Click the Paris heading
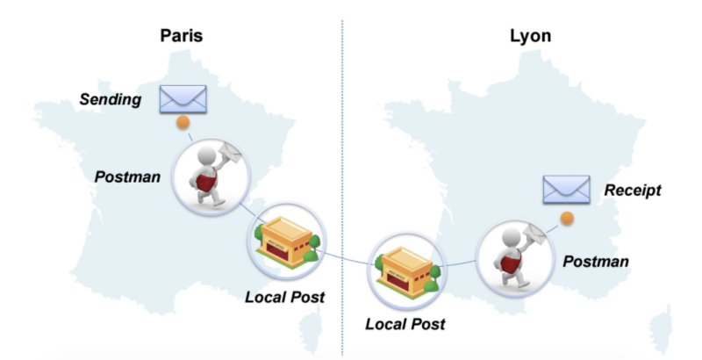click(183, 36)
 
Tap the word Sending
click(111, 99)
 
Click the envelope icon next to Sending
click(182, 99)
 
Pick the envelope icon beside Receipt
click(565, 189)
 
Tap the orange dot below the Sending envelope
click(183, 123)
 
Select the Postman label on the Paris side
click(128, 176)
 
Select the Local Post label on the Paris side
click(284, 297)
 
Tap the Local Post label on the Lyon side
click(405, 324)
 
